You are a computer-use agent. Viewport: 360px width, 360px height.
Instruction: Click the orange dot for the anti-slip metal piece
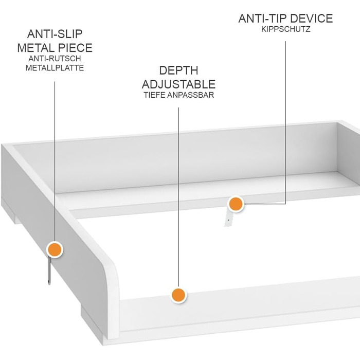[55, 249]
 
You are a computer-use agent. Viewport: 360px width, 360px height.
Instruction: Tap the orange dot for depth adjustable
[178, 295]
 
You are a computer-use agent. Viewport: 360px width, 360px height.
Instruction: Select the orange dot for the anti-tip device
[236, 204]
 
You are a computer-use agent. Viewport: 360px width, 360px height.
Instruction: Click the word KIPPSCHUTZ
[285, 29]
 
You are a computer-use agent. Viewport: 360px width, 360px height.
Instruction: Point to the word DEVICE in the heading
[309, 19]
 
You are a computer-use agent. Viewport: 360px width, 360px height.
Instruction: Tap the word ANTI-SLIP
[55, 34]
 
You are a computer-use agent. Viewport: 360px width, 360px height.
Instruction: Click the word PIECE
[75, 48]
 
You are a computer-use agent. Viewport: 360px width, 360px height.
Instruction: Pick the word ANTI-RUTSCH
[55, 59]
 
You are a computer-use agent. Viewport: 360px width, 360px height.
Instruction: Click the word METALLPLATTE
[55, 68]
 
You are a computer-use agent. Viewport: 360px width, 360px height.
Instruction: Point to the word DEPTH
[178, 70]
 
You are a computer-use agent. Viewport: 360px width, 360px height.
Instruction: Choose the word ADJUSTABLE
[178, 84]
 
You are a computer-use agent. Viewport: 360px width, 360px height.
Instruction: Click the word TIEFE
[154, 95]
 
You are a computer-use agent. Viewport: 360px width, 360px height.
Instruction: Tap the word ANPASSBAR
[191, 95]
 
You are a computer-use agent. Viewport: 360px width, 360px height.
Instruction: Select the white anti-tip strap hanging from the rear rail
[228, 218]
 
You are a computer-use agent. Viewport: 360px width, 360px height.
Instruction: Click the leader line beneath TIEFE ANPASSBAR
[178, 197]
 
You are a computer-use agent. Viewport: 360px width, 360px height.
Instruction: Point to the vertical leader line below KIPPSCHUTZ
[285, 122]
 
